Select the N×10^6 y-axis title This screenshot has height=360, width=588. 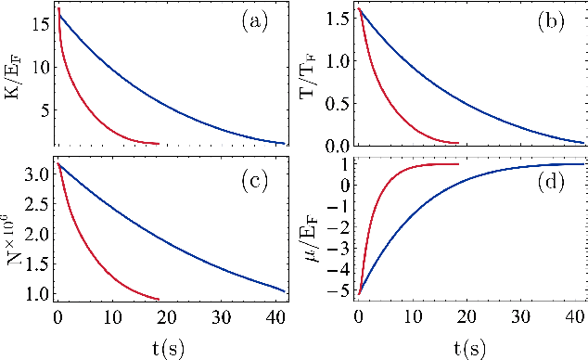pos(12,231)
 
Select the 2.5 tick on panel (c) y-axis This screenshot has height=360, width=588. pos(37,198)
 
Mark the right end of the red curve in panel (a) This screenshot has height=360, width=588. pos(159,144)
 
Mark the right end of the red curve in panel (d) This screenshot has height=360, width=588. pos(459,164)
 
